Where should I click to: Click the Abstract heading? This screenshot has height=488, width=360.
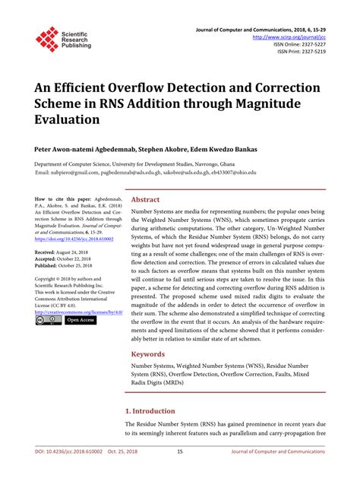145,199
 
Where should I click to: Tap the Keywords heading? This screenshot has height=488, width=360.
148,354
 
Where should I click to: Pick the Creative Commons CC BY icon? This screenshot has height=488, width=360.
47,320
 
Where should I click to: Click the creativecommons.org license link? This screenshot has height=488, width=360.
73,312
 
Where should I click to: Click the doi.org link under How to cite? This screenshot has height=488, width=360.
71,238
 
